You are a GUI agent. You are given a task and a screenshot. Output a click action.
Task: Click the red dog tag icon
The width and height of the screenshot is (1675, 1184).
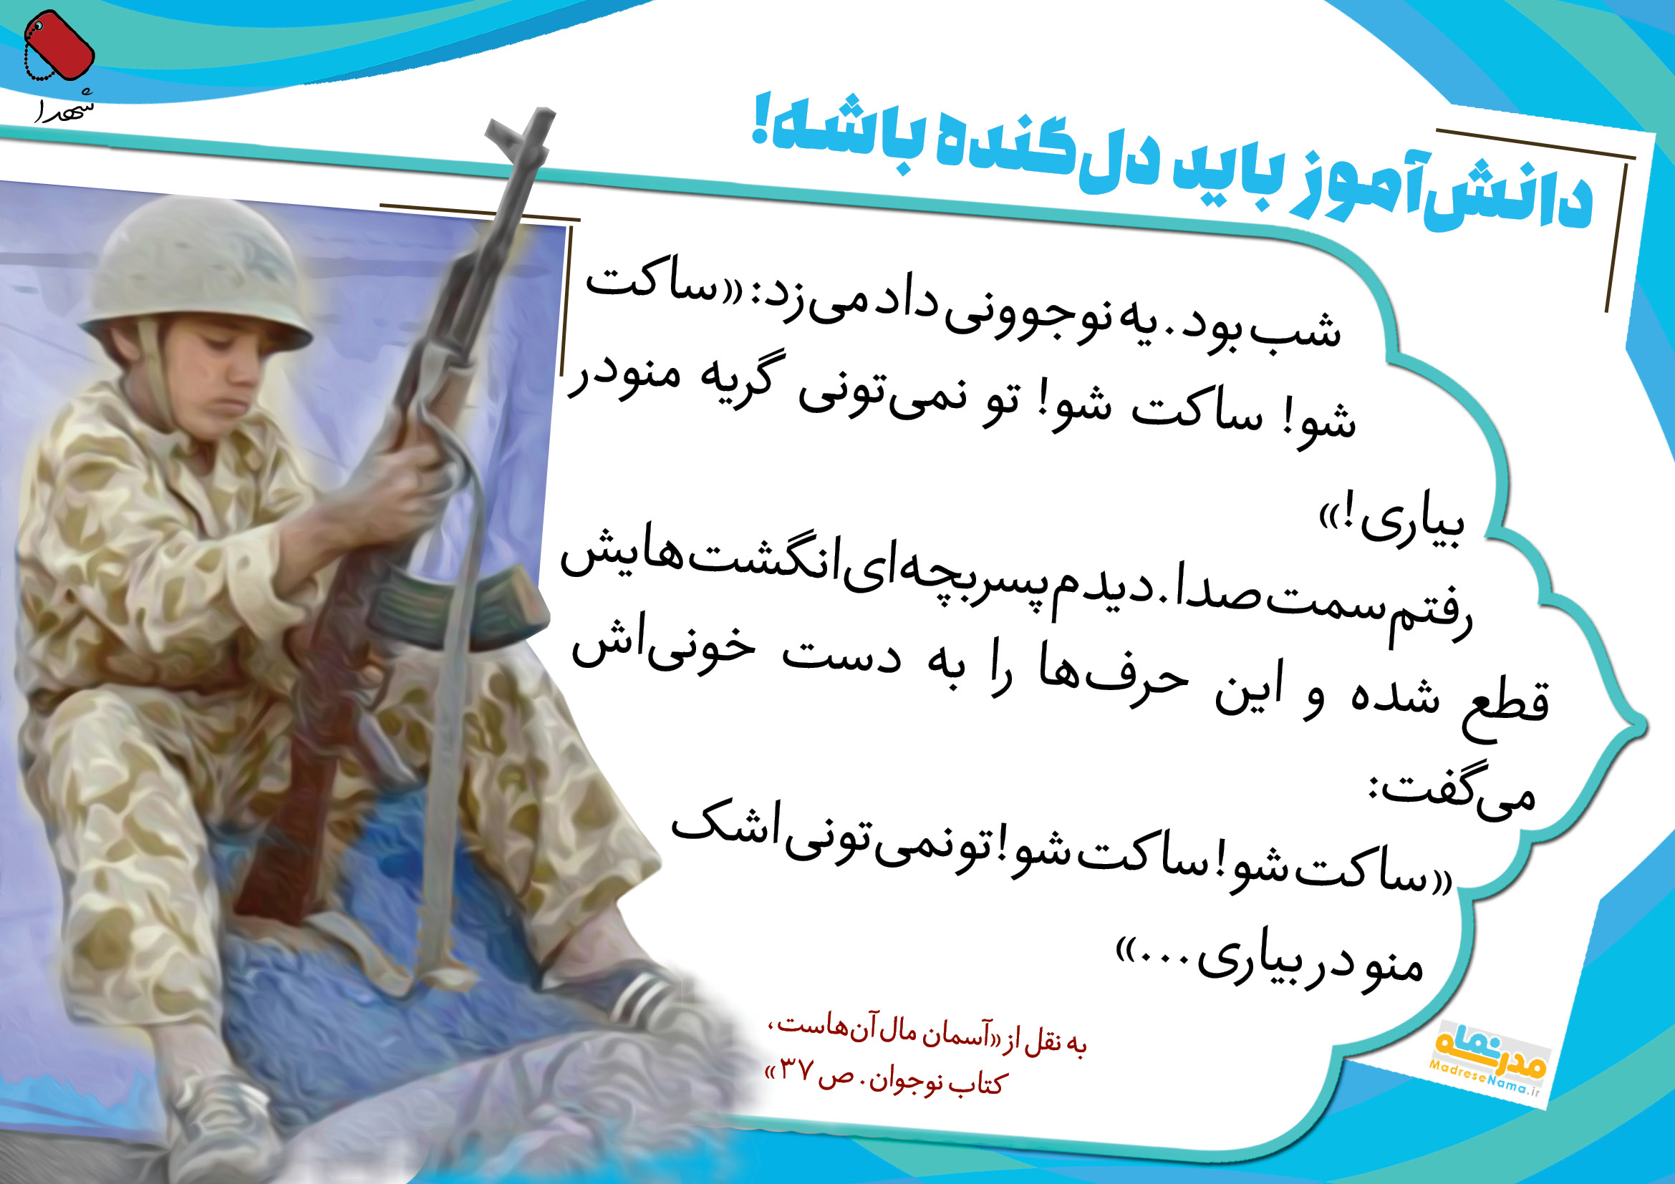pyautogui.click(x=58, y=45)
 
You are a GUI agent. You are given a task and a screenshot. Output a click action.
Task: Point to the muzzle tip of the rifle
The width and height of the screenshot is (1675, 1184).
pyautogui.click(x=543, y=114)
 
